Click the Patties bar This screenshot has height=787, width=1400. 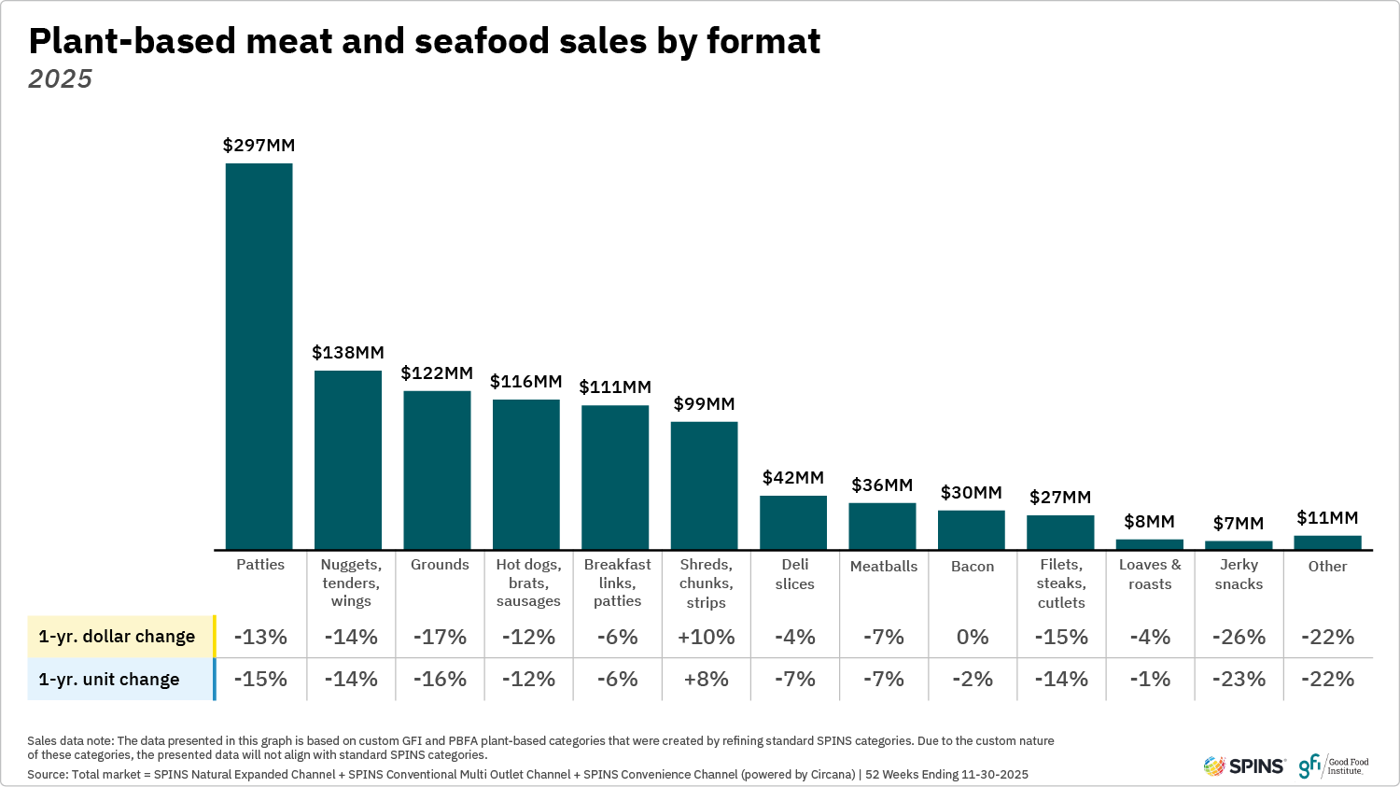(259, 357)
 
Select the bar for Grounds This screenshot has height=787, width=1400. (437, 470)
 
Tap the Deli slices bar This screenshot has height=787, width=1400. (793, 522)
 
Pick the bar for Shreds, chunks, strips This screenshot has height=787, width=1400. (704, 485)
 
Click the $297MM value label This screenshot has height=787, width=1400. (259, 146)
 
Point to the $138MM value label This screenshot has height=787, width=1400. (347, 353)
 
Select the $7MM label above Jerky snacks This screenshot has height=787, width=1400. (1238, 524)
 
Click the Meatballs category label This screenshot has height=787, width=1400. (883, 566)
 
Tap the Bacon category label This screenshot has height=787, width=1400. (972, 566)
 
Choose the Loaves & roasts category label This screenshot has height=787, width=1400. (1150, 574)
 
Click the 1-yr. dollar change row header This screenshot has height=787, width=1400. (118, 637)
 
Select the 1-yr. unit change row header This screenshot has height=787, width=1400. (109, 680)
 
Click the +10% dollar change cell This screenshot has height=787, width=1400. (706, 637)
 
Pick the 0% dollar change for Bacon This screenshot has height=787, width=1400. (972, 637)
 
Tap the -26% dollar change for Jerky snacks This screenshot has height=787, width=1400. (1239, 637)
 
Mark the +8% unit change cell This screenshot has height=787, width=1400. (706, 680)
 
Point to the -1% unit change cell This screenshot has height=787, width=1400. (1150, 680)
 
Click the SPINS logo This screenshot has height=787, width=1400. (1244, 766)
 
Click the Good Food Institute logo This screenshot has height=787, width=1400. (1334, 766)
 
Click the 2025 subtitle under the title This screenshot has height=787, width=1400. (61, 79)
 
